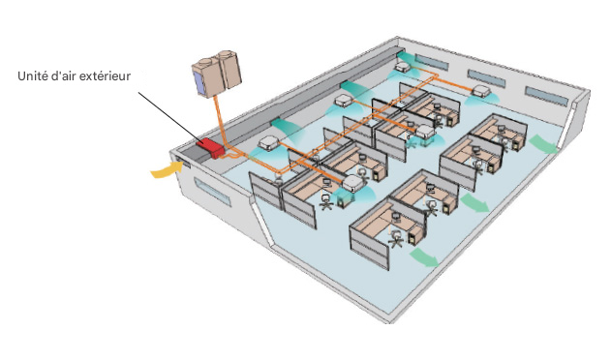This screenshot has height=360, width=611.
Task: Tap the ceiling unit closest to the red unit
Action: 269,141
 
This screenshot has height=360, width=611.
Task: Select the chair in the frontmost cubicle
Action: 395,236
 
